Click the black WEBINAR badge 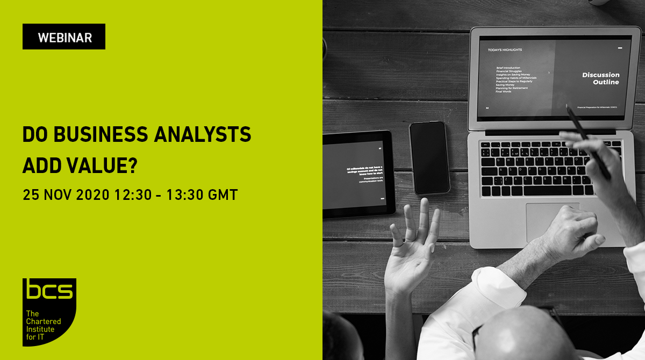point(64,37)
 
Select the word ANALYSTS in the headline point(207,134)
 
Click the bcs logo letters point(49,292)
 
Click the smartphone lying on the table point(429,157)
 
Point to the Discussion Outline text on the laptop point(601,78)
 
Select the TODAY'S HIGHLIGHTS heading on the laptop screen point(505,50)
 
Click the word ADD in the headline point(42,165)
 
